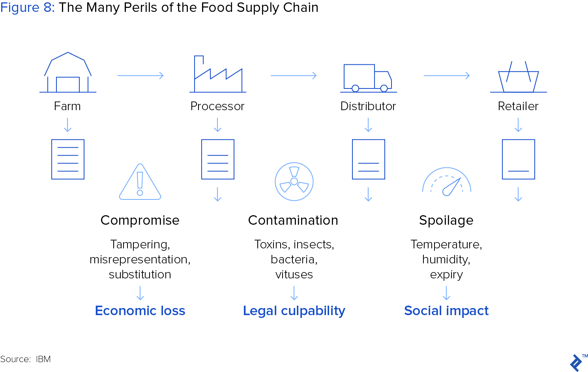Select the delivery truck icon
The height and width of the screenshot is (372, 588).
pyautogui.click(x=368, y=78)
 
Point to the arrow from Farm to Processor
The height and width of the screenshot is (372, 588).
pyautogui.click(x=140, y=76)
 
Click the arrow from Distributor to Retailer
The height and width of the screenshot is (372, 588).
pyautogui.click(x=446, y=76)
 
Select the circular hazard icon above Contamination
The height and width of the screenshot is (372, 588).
pyautogui.click(x=294, y=182)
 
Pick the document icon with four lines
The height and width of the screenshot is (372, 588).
pyautogui.click(x=68, y=159)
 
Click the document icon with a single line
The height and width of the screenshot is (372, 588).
pyautogui.click(x=519, y=159)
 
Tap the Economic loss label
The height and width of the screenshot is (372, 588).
pyautogui.click(x=140, y=310)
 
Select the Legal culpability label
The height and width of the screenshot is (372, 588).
pyautogui.click(x=294, y=311)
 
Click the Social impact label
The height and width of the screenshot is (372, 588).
pyautogui.click(x=446, y=311)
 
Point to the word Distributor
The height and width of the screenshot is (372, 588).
pyautogui.click(x=368, y=106)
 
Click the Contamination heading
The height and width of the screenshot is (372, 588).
pyautogui.click(x=293, y=220)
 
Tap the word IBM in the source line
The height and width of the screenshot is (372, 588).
pyautogui.click(x=43, y=359)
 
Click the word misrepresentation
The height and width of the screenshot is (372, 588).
pyautogui.click(x=139, y=259)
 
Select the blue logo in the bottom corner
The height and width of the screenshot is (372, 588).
pyautogui.click(x=576, y=363)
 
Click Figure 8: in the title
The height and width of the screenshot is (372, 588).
pyautogui.click(x=27, y=8)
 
